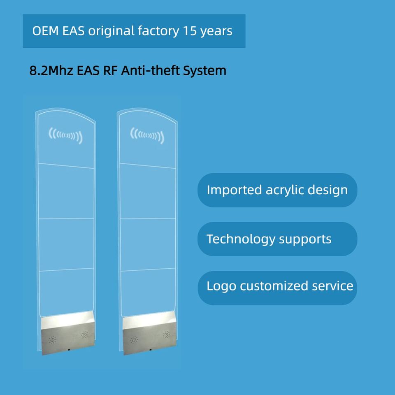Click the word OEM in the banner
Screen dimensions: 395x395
(x=46, y=31)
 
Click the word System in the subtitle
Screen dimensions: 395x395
(x=205, y=70)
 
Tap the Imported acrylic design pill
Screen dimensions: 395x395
(x=277, y=190)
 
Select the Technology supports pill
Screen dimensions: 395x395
(x=277, y=239)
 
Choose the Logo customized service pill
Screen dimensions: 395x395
(x=277, y=286)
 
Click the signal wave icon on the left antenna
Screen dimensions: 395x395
(x=66, y=135)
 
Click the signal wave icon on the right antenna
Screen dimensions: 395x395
(x=147, y=135)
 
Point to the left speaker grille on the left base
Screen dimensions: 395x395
(x=52, y=339)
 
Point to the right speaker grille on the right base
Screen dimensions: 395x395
(x=166, y=335)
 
